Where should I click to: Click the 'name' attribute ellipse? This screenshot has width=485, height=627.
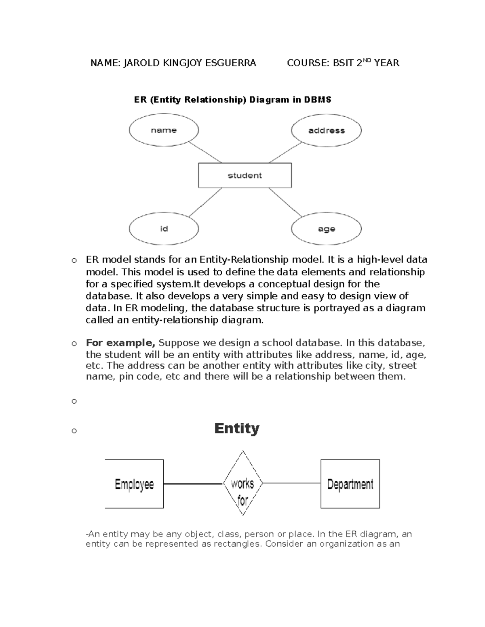(x=164, y=130)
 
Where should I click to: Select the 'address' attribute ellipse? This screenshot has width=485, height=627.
(x=326, y=130)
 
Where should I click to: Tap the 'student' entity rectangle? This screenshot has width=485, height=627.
(x=245, y=176)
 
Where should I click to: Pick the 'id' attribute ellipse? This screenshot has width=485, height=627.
(x=164, y=229)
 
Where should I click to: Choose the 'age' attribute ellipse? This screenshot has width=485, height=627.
(x=326, y=229)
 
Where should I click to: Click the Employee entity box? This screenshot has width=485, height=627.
(x=134, y=484)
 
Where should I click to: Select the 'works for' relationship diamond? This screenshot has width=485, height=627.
(x=242, y=484)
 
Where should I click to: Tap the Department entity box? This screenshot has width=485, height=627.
(x=350, y=484)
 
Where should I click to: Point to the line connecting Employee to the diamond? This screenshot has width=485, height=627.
(x=193, y=484)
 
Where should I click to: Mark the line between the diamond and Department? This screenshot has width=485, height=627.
(x=291, y=483)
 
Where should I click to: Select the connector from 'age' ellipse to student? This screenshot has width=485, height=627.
(x=285, y=202)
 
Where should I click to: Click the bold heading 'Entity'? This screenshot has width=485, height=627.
(x=236, y=428)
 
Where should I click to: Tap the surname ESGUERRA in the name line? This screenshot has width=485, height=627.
(x=231, y=63)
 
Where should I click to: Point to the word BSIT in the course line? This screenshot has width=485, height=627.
(x=343, y=63)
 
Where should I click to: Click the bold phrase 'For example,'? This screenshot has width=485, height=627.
(x=120, y=343)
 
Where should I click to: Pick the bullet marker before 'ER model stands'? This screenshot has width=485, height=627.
(x=74, y=260)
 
